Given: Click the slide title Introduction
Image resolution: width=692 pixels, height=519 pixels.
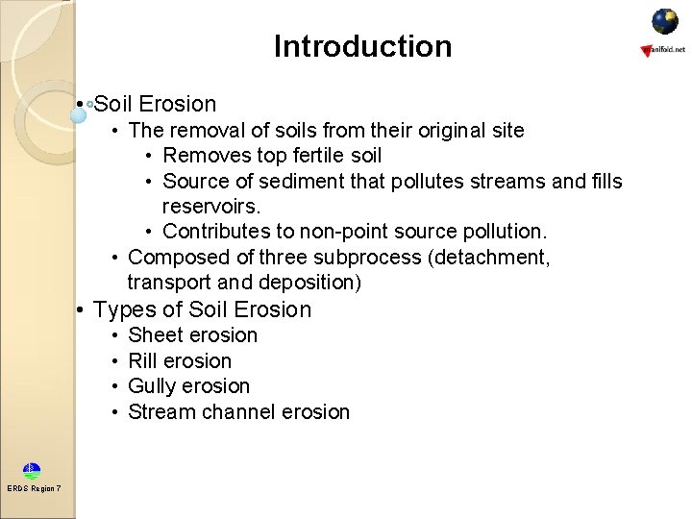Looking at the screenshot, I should tap(362, 46).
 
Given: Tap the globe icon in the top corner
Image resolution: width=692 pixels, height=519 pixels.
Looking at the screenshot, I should tap(665, 21).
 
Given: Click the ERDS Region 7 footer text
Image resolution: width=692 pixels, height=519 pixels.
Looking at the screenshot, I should tap(34, 488).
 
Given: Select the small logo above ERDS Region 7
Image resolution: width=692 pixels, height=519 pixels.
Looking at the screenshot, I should tap(32, 471).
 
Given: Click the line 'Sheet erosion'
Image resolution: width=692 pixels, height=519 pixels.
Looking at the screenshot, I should tap(192, 335).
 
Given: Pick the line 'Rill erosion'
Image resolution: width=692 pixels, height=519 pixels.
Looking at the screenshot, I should tap(180, 361).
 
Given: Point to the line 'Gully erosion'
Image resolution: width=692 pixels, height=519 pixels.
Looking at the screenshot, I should tap(188, 386).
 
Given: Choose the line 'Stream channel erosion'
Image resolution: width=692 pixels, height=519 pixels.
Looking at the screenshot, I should tap(238, 412).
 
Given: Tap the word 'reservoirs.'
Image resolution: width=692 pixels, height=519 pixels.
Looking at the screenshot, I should tap(211, 207).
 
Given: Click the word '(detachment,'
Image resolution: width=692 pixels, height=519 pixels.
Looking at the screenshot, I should tap(492, 258).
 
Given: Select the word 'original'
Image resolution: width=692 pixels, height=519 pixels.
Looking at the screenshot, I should tap(442, 130).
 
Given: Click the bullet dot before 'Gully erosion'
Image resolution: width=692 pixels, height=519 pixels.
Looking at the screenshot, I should tap(114, 386).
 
